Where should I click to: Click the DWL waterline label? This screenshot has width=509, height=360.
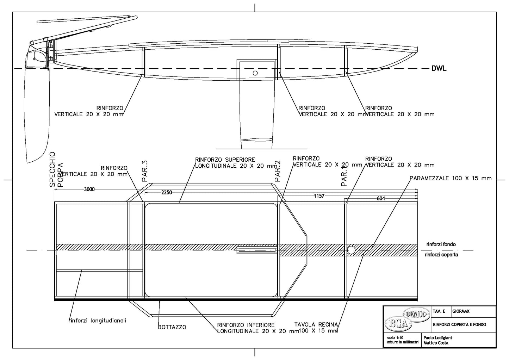coord(439,69)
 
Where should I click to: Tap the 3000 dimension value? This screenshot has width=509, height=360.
coord(89,190)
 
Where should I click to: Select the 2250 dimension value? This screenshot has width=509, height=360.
coord(166,193)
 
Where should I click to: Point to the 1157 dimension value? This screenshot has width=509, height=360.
coord(319,196)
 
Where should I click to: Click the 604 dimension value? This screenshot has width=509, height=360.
coord(381,199)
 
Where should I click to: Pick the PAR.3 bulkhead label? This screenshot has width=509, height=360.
coord(145,171)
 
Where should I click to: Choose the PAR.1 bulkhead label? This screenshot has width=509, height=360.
coord(344,176)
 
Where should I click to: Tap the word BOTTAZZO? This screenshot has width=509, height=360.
coord(172,327)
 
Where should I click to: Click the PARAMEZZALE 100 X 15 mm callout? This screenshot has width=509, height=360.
coord(450,178)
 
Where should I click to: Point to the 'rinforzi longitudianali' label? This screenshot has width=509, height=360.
coord(97,321)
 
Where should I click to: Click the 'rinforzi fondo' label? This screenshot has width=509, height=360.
coord(441,244)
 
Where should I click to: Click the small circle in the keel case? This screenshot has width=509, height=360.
coord(255,73)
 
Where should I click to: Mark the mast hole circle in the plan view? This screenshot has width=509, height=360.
coord(351,250)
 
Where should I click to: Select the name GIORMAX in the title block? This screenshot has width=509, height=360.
coord(461,311)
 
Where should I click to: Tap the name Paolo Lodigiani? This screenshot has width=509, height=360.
coord(437,338)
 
